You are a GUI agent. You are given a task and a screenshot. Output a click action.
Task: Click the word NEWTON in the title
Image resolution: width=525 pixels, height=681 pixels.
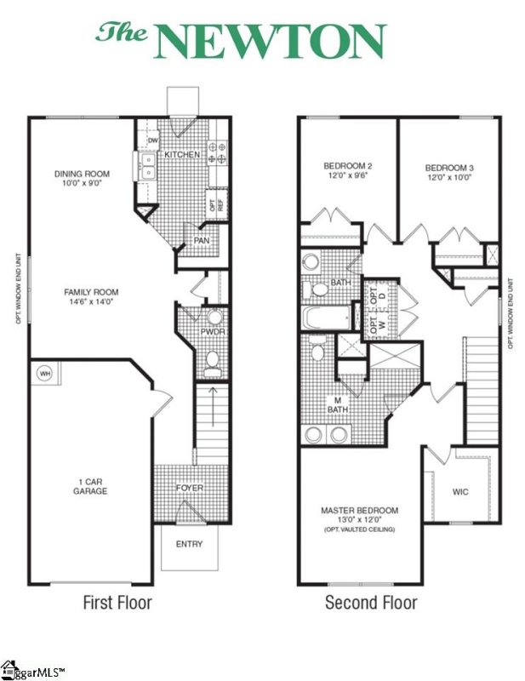[x=271, y=42]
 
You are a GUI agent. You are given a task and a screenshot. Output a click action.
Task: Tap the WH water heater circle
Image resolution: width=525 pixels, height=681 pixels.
[x=43, y=372]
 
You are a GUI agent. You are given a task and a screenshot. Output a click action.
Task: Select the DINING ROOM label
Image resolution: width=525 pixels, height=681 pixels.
[x=82, y=175]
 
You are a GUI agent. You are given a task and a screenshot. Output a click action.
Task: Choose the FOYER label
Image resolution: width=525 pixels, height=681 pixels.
[x=190, y=488]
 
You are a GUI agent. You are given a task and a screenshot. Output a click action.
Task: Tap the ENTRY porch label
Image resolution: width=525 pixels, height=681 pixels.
[x=189, y=545]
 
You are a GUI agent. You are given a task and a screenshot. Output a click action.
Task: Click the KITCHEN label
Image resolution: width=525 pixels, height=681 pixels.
[x=183, y=155]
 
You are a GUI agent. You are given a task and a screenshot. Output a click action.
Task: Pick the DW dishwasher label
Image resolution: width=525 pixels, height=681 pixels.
[x=153, y=140]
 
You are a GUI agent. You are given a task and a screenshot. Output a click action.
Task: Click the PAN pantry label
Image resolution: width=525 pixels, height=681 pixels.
[x=202, y=241]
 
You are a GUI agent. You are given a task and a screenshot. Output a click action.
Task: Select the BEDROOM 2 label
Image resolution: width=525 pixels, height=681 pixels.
[x=348, y=165]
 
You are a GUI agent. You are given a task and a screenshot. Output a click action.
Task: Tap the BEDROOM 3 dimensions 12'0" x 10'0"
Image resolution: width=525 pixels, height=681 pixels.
[x=449, y=178]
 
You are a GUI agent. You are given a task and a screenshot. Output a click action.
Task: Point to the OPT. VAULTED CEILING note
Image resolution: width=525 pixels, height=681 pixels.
[x=359, y=529]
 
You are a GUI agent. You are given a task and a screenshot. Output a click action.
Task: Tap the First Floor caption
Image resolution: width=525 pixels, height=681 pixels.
[x=117, y=603]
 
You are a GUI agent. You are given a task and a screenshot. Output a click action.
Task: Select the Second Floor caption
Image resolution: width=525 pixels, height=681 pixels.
[x=371, y=603]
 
